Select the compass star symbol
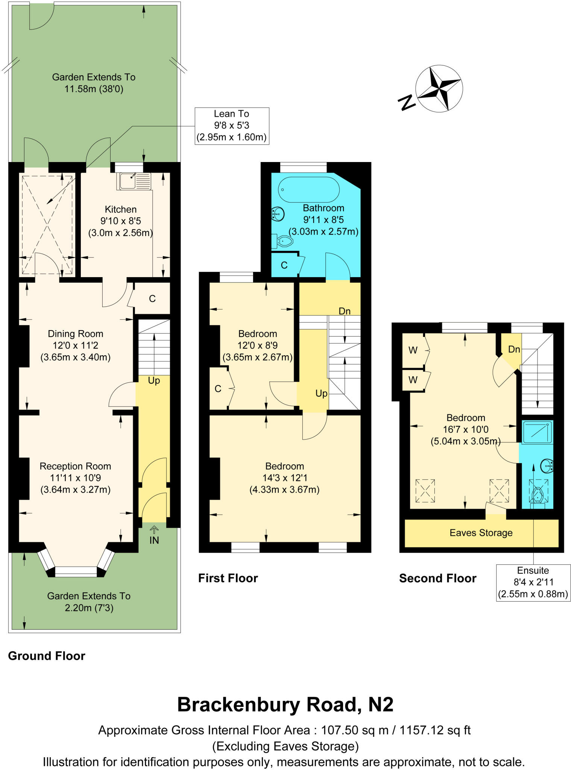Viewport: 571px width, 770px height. [x=439, y=89]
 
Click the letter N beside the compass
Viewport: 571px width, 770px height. [x=406, y=102]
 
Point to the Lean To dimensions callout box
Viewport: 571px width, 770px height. [x=232, y=126]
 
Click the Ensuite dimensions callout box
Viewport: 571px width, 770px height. [x=533, y=582]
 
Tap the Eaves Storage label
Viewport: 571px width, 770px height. [x=481, y=533]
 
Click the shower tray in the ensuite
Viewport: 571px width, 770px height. [x=538, y=432]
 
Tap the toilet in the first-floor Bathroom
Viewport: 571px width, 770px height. [x=284, y=241]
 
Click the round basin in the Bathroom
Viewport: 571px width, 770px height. [x=278, y=214]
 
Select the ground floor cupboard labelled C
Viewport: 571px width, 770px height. [x=152, y=299]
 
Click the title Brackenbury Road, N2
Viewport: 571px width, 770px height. [x=285, y=705]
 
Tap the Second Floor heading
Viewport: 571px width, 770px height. [x=437, y=578]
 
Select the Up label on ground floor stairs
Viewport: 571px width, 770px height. [x=154, y=380]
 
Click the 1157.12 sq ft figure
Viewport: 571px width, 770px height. [x=435, y=730]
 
